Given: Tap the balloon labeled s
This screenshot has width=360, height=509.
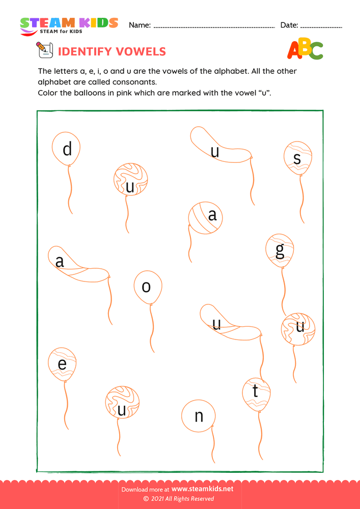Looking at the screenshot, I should click(298, 158).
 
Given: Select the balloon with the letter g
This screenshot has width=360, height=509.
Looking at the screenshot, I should click(280, 251).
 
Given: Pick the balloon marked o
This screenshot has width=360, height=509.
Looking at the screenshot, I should click(148, 287).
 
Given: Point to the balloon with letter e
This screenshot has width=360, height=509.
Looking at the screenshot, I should click(62, 364).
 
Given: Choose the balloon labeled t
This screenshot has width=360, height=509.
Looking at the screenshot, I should click(257, 394).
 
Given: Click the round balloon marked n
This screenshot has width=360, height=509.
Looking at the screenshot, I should click(199, 416).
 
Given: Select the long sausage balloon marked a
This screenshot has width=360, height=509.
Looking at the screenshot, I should click(76, 265).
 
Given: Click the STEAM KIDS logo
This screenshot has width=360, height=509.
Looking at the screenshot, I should click(69, 26).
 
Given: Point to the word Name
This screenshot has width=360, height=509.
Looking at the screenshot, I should click(140, 25).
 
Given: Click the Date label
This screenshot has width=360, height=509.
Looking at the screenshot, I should click(289, 25).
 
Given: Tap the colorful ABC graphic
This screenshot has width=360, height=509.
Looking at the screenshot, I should click(305, 49).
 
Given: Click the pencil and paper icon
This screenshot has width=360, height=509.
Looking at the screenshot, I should click(44, 51).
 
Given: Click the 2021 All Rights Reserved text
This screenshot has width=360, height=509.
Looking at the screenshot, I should click(182, 499).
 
